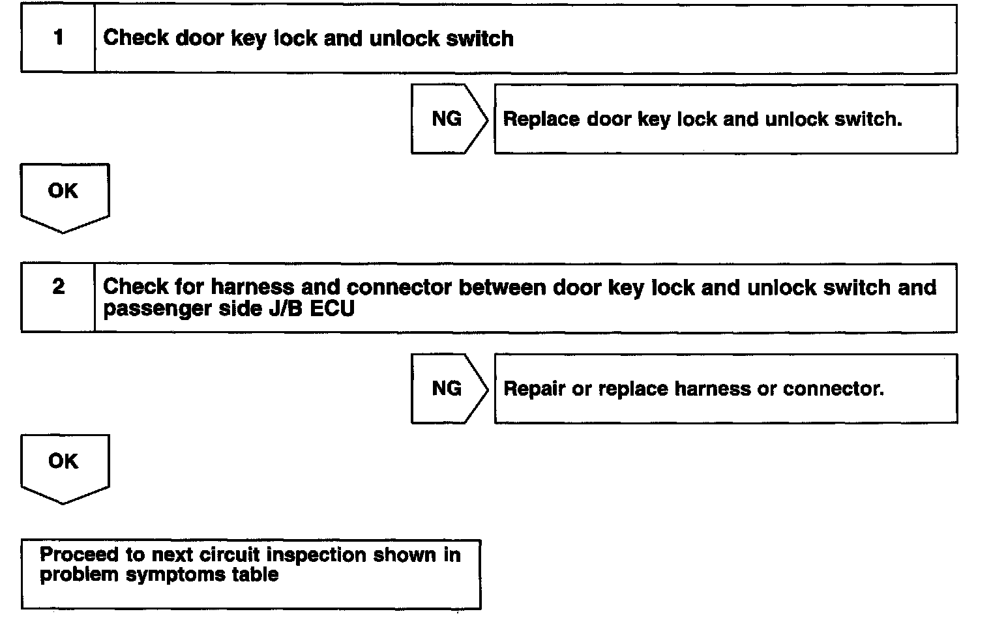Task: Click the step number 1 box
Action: pos(58,38)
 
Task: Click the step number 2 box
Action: pos(58,297)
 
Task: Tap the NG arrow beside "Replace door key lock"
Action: pos(449,119)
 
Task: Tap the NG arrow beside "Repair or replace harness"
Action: pos(449,389)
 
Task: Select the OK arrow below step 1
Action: pos(65,198)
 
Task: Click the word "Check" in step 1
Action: pos(136,38)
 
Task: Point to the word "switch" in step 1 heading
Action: pos(480,38)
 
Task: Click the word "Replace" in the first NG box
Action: pos(541,119)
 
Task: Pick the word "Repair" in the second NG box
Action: pos(535,389)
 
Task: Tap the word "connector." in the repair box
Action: pos(833,389)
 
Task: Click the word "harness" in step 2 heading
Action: pos(252,287)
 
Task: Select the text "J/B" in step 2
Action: pos(286,308)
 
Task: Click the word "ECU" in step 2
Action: pos(333,308)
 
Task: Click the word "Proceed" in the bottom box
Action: pos(79,555)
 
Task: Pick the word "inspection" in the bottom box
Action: pos(316,555)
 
